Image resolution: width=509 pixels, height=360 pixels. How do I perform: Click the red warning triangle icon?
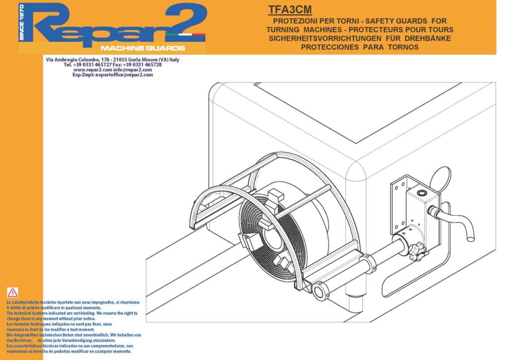pos(12,293)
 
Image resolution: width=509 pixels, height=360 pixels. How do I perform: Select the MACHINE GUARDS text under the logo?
pos(143,48)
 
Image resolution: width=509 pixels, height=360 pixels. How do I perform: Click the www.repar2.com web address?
pos(92,70)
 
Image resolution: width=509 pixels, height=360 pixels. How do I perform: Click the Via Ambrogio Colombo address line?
pos(112,60)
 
